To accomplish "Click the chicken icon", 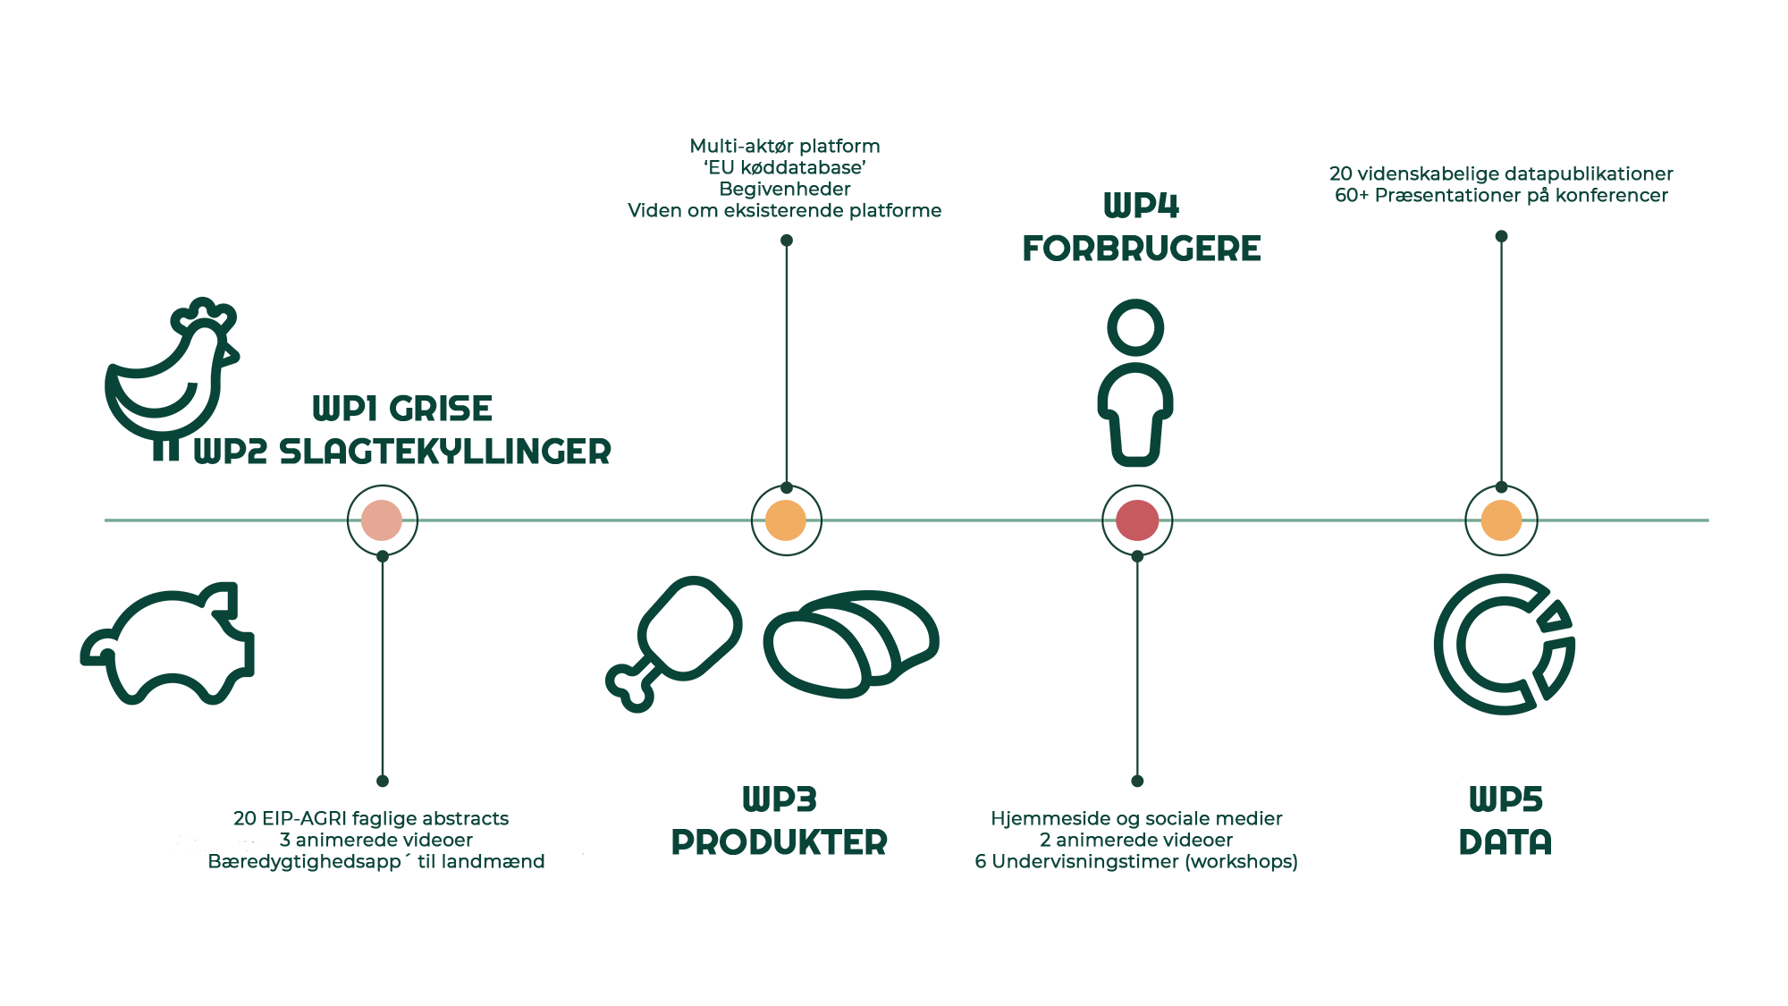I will click(170, 371).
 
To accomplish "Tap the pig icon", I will click(170, 644).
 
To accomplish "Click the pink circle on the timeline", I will click(382, 520).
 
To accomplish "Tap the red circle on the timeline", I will click(1137, 520).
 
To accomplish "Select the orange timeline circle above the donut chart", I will click(1501, 520).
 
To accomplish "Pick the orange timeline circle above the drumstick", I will click(786, 520).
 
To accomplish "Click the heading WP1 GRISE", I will click(402, 410).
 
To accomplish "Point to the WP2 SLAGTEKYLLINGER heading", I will click(402, 452).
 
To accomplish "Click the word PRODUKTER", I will click(780, 841).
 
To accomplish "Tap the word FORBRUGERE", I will click(1142, 249).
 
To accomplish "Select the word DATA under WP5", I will click(1505, 841).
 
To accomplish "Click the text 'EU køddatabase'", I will click(785, 167).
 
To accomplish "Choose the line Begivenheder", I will click(785, 189).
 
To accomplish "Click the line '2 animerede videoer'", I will click(1135, 840).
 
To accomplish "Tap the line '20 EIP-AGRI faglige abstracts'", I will click(371, 818).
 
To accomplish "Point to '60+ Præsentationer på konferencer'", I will click(1501, 195).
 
